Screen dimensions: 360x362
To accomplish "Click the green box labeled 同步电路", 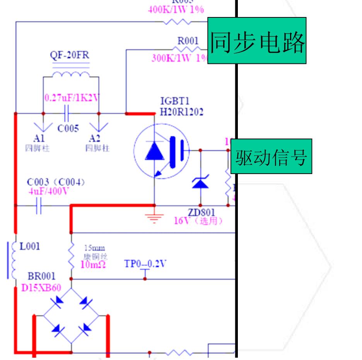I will point(257,41).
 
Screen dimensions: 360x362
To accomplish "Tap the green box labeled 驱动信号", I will point(271,157).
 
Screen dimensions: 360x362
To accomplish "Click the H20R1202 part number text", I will point(182,112).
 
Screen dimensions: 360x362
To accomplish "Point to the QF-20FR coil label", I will point(70,55).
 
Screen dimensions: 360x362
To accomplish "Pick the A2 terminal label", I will point(94,138).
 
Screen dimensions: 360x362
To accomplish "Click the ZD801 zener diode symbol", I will point(200,182).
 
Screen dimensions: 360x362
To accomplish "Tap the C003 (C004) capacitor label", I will point(56,182).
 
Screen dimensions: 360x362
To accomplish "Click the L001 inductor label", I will point(29,246).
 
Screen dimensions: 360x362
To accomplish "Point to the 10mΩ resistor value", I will point(93,264).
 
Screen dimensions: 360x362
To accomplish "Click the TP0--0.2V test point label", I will point(145,264).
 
